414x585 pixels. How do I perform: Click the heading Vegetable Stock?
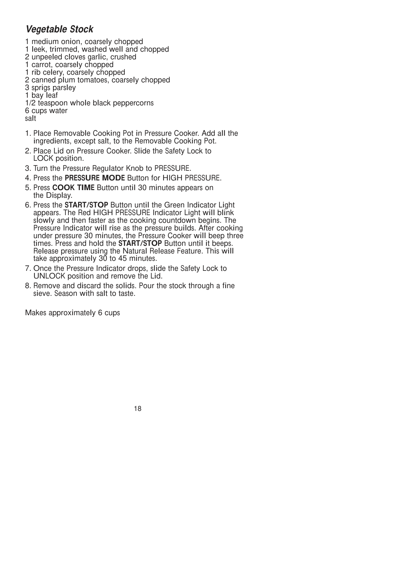[59, 30]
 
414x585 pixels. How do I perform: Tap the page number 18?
[138, 409]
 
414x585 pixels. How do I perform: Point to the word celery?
[53, 72]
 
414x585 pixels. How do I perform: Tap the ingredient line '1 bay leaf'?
[41, 95]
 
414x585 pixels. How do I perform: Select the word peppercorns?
[133, 103]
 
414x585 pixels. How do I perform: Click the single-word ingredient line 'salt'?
[30, 118]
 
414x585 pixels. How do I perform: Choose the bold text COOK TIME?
[74, 187]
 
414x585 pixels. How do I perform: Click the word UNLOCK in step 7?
[49, 276]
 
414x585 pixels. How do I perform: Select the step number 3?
[27, 167]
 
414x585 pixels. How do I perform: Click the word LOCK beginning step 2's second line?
[42, 158]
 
